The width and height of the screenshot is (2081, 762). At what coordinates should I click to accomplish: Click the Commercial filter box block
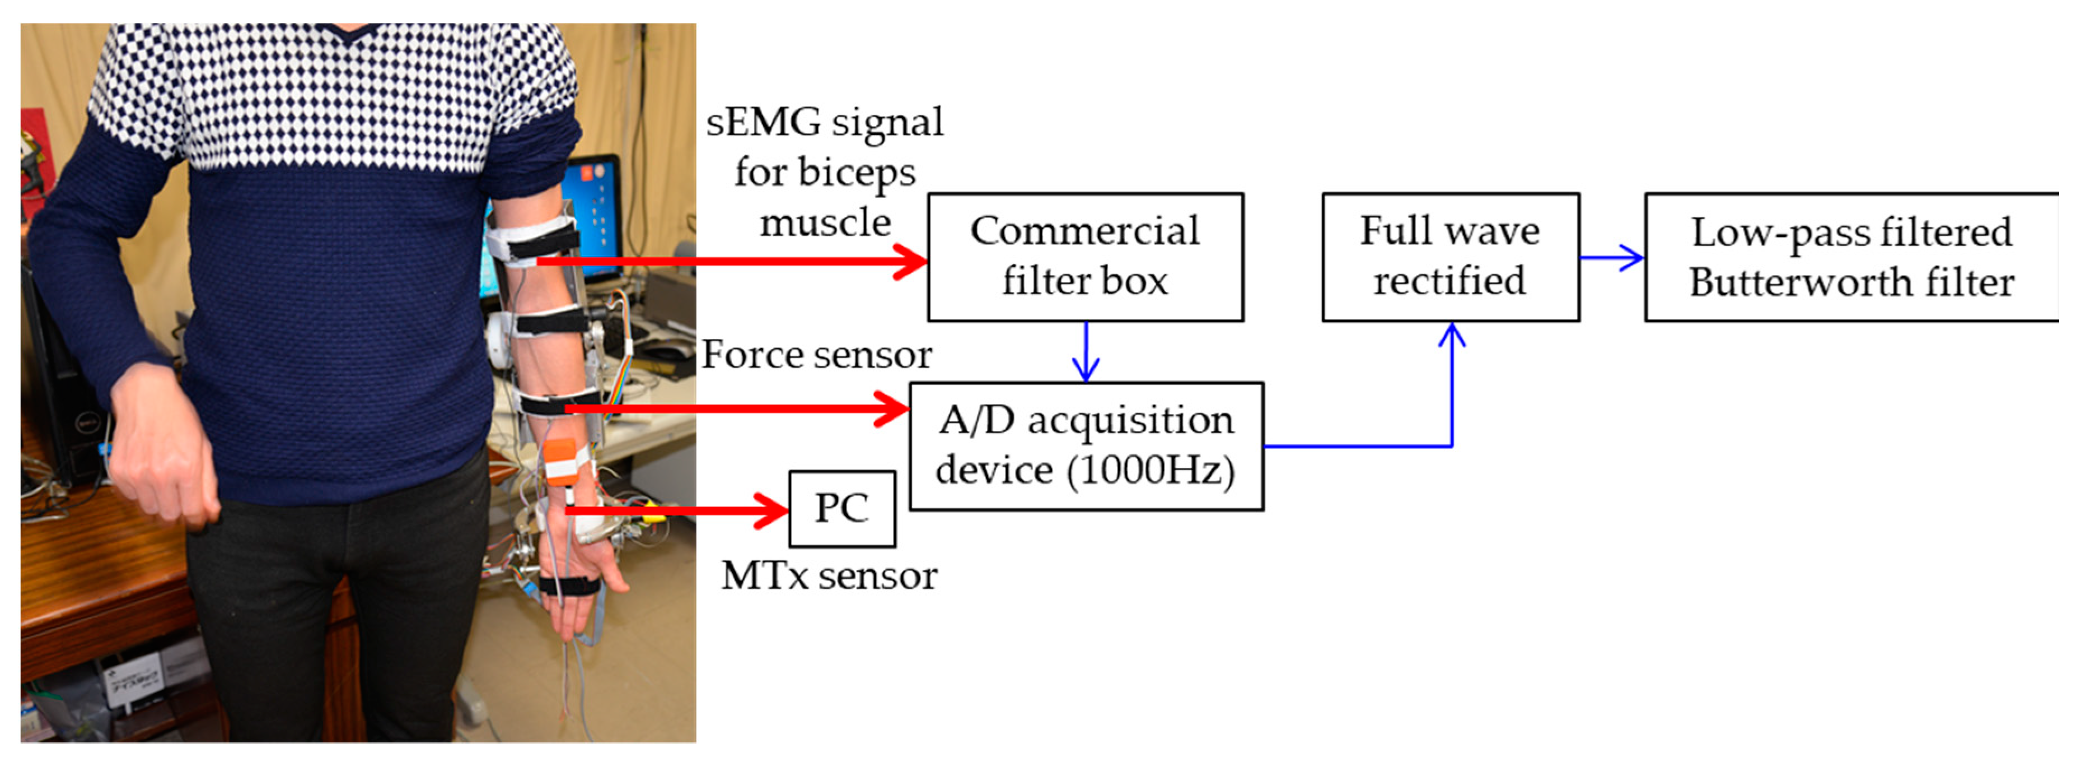click(x=1085, y=257)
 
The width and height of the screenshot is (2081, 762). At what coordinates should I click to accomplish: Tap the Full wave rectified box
click(x=1450, y=257)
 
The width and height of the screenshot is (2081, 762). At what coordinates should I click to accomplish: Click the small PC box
click(x=842, y=508)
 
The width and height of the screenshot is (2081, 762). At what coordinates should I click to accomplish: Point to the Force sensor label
click(x=816, y=354)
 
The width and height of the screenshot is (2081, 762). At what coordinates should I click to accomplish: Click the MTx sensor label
click(x=829, y=575)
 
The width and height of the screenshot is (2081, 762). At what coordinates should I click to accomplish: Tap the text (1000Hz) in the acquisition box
click(x=1151, y=470)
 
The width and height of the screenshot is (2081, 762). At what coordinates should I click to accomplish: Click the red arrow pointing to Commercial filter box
click(x=727, y=261)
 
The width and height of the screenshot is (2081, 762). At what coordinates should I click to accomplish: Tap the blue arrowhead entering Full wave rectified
click(x=1452, y=336)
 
